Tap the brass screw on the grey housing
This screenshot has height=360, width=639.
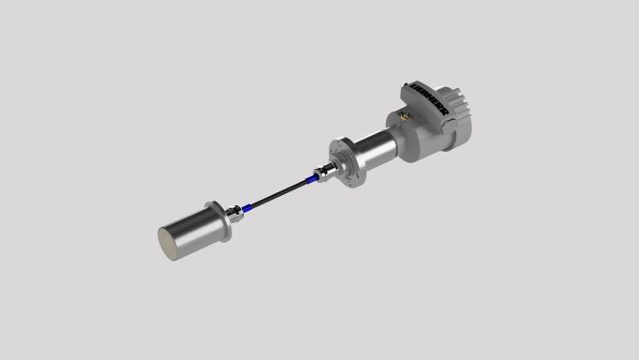pyautogui.click(x=404, y=116)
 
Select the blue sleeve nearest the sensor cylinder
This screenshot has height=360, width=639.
pyautogui.click(x=246, y=209)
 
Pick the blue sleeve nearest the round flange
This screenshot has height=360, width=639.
pyautogui.click(x=311, y=178)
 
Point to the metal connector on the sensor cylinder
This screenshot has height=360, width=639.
pyautogui.click(x=234, y=214)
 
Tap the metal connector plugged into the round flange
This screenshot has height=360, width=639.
pyautogui.click(x=326, y=172)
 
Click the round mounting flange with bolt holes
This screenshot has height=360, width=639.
pyautogui.click(x=347, y=162)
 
